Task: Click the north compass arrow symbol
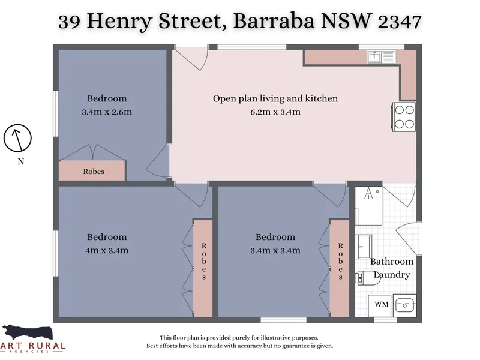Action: pyautogui.click(x=17, y=138)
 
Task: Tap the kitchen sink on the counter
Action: pyautogui.click(x=382, y=57)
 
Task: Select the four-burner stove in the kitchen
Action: pyautogui.click(x=404, y=117)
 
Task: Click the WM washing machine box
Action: pyautogui.click(x=380, y=305)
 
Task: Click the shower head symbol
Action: pyautogui.click(x=369, y=193)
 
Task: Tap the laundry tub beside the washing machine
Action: pyautogui.click(x=404, y=305)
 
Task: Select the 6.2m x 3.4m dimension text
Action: pyautogui.click(x=275, y=112)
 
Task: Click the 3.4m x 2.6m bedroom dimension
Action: pyautogui.click(x=107, y=112)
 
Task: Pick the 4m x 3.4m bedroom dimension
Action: pyautogui.click(x=107, y=250)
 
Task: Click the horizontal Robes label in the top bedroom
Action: pyautogui.click(x=94, y=172)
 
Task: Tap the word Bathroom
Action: pyautogui.click(x=392, y=262)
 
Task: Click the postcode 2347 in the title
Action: pyautogui.click(x=400, y=22)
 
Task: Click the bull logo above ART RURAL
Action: pyautogui.click(x=27, y=333)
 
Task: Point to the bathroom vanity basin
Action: pyautogui.click(x=364, y=247)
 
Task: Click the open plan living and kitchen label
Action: pyautogui.click(x=275, y=98)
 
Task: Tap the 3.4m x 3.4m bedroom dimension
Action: pyautogui.click(x=275, y=250)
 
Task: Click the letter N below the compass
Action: pyautogui.click(x=20, y=161)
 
